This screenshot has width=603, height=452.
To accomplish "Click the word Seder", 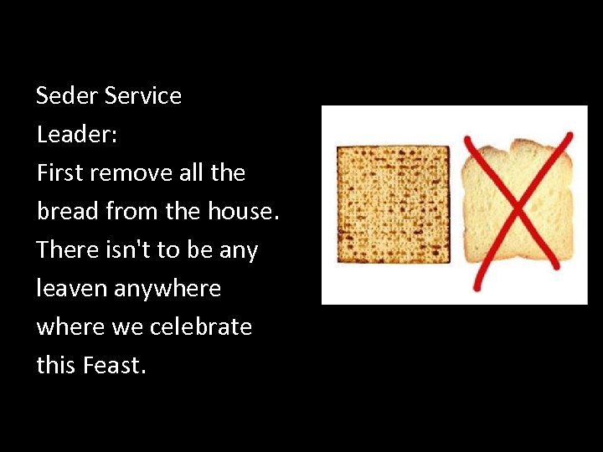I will tap(68, 96).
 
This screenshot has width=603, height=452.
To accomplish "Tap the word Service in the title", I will tap(143, 96).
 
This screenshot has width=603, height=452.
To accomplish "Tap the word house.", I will tap(243, 212).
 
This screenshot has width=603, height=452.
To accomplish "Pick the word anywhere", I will tap(167, 289).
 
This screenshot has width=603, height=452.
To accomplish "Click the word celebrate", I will tap(201, 327).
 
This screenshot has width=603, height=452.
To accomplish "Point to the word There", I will tap(64, 250).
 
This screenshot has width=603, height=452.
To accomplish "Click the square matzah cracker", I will tap(393, 204).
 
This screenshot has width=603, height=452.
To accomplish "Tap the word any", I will tap(238, 250).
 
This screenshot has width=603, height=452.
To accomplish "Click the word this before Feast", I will tap(55, 366).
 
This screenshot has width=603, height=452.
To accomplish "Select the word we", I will tap(127, 327).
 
